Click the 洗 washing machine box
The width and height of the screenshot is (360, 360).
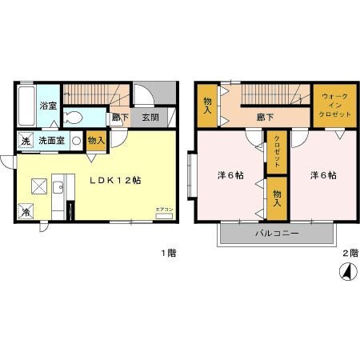tap(25, 142)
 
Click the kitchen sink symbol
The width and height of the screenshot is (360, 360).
tap(59, 189)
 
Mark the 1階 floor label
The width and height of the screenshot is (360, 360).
tap(167, 254)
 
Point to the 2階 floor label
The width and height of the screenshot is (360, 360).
tap(349, 254)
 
